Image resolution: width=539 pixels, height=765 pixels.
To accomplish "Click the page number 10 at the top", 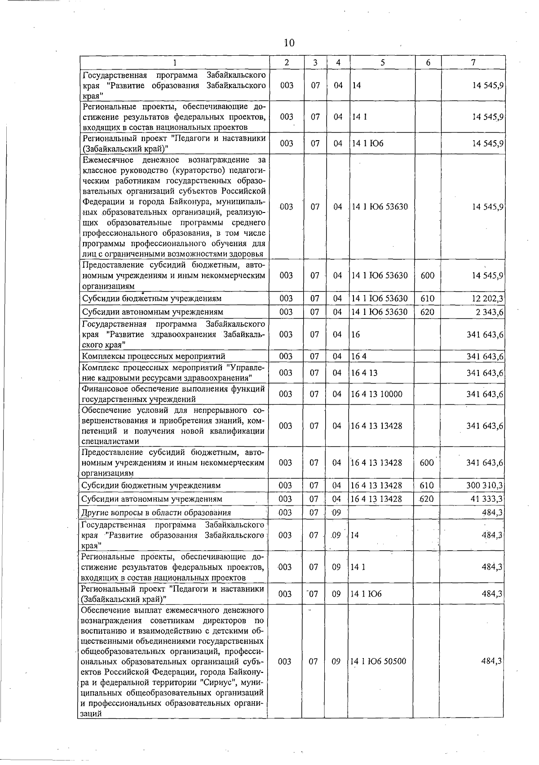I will click(289, 43).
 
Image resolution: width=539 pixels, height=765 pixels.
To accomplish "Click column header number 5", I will click(382, 63).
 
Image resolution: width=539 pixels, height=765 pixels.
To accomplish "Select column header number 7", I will click(473, 63).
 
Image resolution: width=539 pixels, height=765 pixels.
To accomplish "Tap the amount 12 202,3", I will click(487, 299).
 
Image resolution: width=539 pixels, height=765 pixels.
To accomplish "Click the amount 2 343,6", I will click(489, 312).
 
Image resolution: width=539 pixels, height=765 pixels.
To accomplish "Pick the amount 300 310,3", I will click(485, 486).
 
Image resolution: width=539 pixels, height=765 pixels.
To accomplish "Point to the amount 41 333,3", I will click(487, 499).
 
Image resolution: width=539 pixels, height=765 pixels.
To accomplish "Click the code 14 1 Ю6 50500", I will click(378, 661).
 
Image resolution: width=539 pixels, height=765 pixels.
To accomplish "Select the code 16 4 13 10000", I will click(376, 394).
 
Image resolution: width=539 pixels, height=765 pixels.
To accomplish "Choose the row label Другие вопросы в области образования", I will click(156, 513).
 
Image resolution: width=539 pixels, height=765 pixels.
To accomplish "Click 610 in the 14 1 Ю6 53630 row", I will click(427, 299).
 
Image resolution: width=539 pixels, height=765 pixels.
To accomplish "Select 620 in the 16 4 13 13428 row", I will click(427, 499).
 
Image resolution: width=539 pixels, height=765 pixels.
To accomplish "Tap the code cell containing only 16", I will click(356, 335).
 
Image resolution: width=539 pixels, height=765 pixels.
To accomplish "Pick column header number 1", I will click(175, 63).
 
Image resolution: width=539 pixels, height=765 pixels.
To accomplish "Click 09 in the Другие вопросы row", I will click(336, 513).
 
